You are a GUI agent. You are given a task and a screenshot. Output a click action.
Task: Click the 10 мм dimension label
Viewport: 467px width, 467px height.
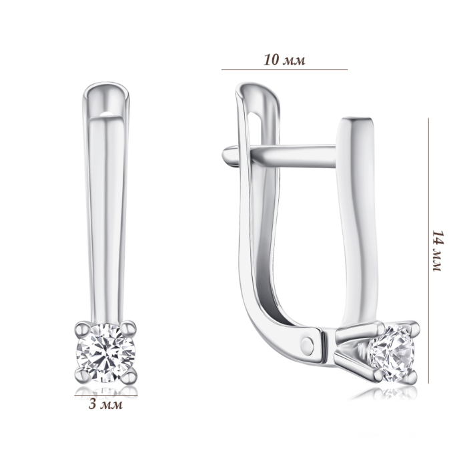coord(284,60)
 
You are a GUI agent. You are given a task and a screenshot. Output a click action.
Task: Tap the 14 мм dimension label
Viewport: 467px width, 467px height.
coord(438,250)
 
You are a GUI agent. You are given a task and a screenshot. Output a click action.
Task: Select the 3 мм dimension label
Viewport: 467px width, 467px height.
coord(105,404)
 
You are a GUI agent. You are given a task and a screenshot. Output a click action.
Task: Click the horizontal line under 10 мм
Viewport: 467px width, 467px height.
coord(284,69)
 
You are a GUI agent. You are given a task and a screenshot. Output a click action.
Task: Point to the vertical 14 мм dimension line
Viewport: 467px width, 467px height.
coord(429,250)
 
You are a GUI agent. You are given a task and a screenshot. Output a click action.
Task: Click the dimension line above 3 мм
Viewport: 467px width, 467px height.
coord(106,395)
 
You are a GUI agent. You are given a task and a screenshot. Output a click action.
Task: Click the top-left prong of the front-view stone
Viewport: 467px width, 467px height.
coord(83,329)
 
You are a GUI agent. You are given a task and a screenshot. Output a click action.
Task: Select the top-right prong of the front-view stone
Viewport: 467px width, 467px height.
coord(128,328)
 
